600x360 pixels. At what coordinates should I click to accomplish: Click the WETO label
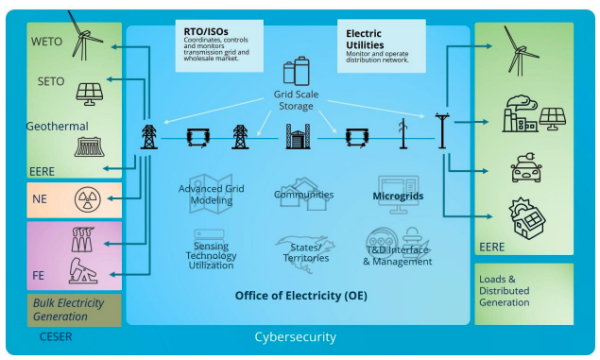point(46,42)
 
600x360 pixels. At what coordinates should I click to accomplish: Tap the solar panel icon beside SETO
point(89,94)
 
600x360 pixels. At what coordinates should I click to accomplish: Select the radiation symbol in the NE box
point(88,199)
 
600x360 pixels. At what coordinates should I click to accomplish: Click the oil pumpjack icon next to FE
point(83,270)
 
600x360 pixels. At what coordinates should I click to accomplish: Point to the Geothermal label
point(58,127)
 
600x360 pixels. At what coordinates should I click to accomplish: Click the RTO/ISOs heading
point(206,31)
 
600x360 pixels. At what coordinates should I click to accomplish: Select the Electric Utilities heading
point(365,39)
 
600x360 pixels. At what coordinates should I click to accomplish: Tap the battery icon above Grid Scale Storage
point(297,71)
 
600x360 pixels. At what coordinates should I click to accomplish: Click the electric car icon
point(526,167)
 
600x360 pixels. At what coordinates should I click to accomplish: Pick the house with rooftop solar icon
point(527,218)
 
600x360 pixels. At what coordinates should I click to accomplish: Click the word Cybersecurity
point(296,337)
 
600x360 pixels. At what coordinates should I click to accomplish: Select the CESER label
point(56,336)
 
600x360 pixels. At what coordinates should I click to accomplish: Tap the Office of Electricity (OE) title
point(301,296)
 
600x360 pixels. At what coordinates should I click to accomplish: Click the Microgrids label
point(398,197)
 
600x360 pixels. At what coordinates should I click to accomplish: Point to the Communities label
point(304,195)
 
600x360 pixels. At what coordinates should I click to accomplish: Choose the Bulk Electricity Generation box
point(75,310)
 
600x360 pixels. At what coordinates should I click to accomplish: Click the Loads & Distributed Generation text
point(505,291)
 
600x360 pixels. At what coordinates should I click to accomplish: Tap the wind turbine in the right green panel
point(520,51)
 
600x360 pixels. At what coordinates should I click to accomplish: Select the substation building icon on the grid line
point(298,136)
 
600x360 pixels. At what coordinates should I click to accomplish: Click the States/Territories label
point(306,253)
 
